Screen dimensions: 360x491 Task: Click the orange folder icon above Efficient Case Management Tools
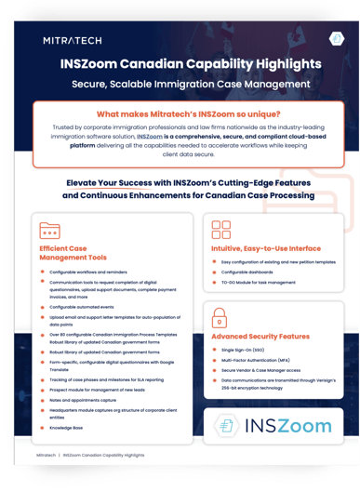[x=50, y=231]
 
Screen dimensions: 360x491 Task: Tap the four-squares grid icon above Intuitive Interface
[x=221, y=230]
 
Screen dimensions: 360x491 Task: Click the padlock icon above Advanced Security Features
[x=221, y=315]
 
